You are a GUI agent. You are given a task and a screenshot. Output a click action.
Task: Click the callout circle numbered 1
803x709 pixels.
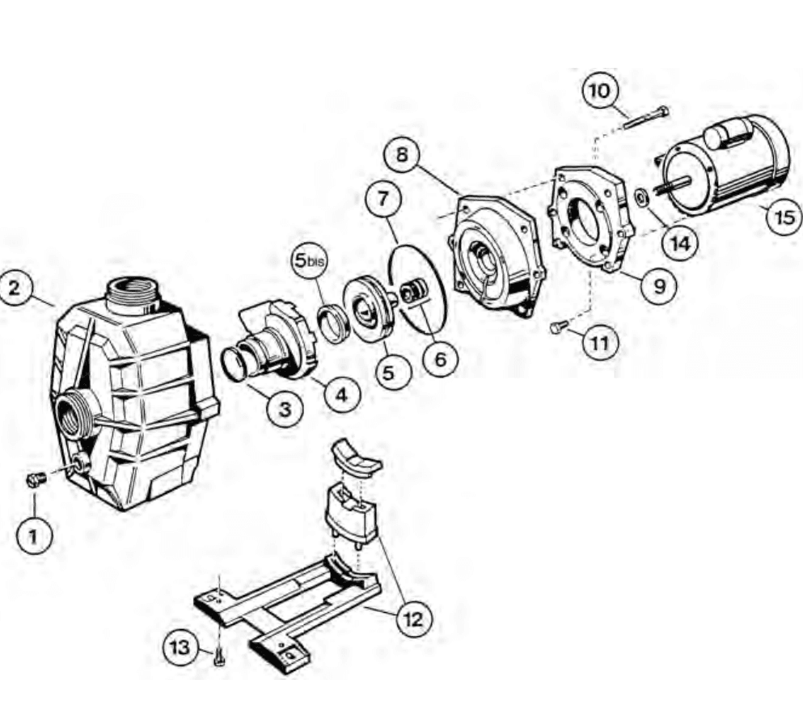point(34,536)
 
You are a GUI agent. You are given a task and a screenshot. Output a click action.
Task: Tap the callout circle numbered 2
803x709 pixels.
point(15,287)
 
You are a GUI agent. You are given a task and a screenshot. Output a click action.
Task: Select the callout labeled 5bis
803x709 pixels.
point(310,260)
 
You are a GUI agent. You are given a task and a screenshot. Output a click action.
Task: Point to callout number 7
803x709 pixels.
point(383,197)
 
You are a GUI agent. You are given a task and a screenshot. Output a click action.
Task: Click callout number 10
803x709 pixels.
point(600,91)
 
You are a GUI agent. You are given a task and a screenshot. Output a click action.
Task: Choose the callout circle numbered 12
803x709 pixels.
point(414,620)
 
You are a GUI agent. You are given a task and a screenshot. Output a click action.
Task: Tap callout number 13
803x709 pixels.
point(180,648)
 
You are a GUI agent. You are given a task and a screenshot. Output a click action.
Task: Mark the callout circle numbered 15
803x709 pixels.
point(784,217)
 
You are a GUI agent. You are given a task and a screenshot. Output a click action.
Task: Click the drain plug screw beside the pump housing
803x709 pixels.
point(36,479)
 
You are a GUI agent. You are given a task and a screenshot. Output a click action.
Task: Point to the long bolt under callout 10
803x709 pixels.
point(647,117)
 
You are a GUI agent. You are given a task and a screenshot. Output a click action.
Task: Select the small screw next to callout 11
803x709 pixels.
point(559,326)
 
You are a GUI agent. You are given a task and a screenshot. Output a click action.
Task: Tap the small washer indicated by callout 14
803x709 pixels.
point(640,197)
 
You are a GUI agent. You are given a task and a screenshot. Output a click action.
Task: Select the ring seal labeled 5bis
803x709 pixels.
point(333,324)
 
